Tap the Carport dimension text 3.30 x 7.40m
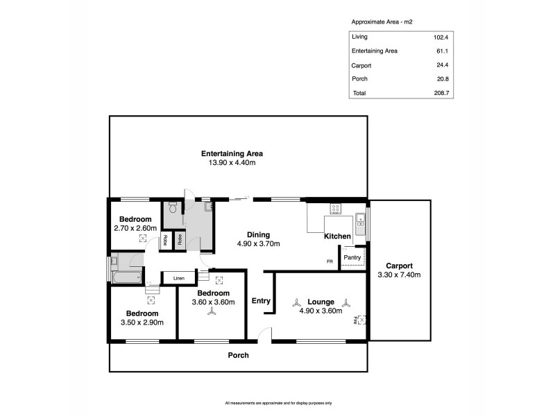point(399,275)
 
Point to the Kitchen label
point(337,236)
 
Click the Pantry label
point(352,257)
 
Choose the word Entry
point(261,300)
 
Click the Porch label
point(239,355)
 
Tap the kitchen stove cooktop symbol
point(335,207)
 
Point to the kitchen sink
point(360,221)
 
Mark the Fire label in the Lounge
point(355,320)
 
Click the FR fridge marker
point(330,261)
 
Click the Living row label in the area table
point(360,37)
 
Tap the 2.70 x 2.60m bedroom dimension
point(135,227)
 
